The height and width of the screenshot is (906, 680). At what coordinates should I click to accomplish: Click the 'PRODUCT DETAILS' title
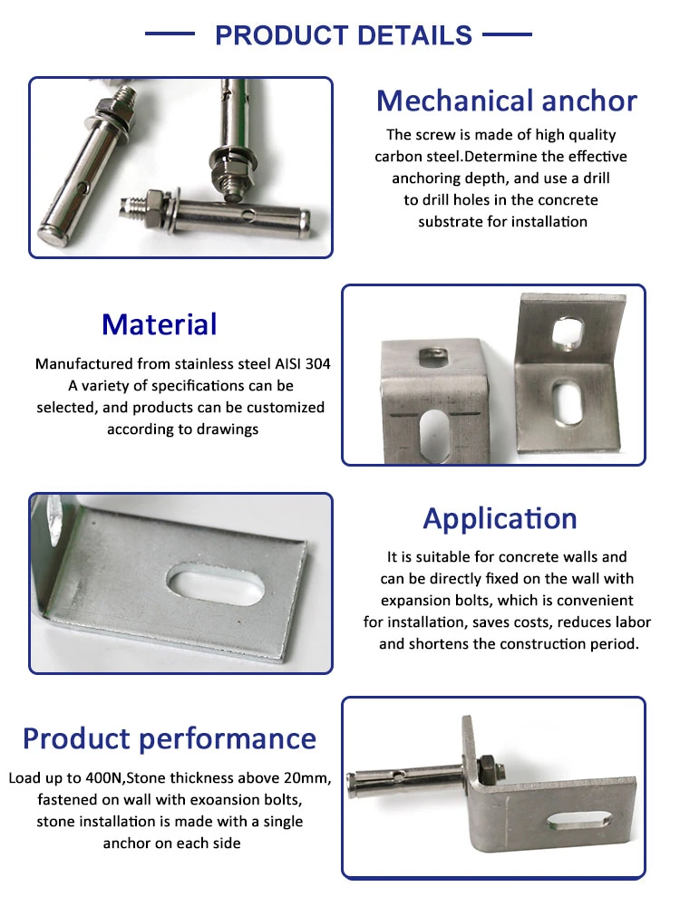coord(344,35)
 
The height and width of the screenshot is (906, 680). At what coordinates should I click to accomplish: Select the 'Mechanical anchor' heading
coord(507,101)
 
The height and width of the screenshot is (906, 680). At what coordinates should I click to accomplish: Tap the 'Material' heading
coord(160,324)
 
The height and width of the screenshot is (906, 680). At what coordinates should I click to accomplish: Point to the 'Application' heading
coord(500,519)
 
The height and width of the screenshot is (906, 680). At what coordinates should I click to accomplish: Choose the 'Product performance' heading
coord(170,739)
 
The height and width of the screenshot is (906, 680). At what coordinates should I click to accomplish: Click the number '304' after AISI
coord(318,363)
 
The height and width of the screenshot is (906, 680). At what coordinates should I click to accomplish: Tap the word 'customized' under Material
coord(286,408)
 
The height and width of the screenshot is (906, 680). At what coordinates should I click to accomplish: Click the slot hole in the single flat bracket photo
coord(216,584)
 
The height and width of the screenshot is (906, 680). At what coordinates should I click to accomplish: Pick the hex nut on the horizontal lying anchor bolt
coord(156,204)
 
